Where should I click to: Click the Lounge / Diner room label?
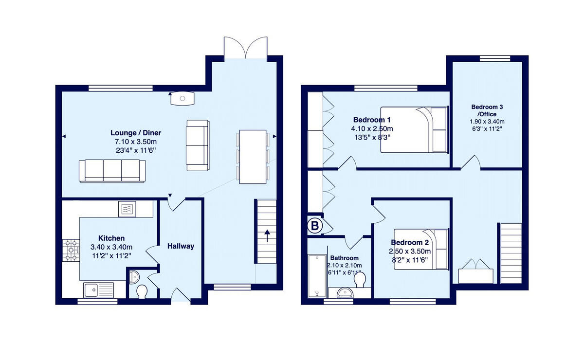136,133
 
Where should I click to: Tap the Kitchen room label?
111,238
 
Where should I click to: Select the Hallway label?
181,246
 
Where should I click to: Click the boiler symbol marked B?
315,226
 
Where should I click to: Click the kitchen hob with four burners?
71,250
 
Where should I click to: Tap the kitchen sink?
98,290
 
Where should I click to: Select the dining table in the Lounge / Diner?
253,157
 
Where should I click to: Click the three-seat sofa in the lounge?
112,171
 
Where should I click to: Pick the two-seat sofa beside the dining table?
197,145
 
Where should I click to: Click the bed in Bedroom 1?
414,130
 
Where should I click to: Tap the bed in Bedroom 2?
421,249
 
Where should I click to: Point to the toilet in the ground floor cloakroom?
142,291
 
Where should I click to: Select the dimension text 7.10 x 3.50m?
136,142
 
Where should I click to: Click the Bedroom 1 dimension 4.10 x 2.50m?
372,129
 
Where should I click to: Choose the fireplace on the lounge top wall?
182,98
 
